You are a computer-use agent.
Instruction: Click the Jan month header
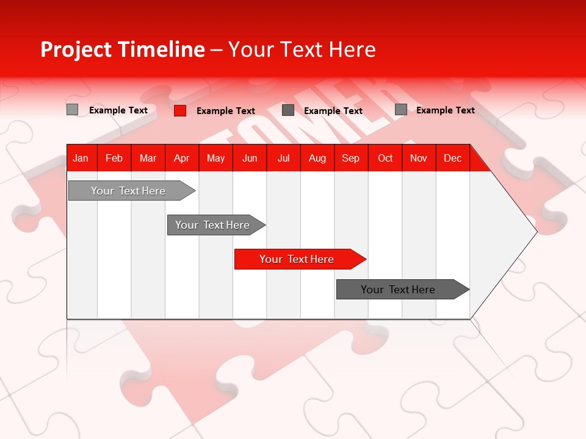coord(81,159)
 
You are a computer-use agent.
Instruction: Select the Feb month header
coord(114,159)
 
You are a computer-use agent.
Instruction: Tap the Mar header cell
coord(148,159)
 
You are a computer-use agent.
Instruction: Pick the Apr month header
coord(182,159)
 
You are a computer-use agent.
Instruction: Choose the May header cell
coord(215,159)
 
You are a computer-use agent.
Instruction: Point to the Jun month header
coord(250,159)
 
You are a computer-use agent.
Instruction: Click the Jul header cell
coord(283,159)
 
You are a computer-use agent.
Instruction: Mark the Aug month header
coord(317,159)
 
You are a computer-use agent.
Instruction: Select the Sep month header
coord(351,159)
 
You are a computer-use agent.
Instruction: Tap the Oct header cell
coord(385,159)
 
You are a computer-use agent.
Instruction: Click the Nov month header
coord(419,159)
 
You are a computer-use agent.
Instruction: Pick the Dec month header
coord(453,159)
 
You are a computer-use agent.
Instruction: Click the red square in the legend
coord(180,110)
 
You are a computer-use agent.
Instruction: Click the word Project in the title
coord(76,49)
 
